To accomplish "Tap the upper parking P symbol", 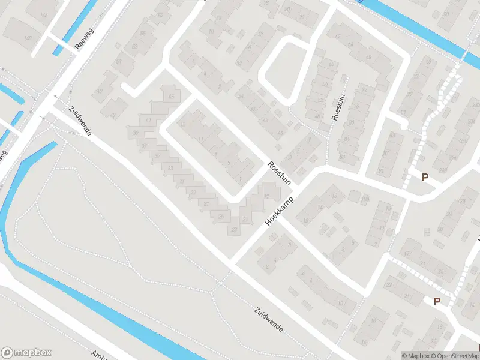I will tap(425, 177).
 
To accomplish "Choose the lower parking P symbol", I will tap(437, 302).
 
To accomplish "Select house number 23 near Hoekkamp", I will tap(234, 229).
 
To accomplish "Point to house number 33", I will tap(171, 168).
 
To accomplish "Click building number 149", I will tap(28, 38).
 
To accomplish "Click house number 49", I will tap(318, 116).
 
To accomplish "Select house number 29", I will tap(193, 192).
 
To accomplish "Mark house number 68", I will tap(368, 58).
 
